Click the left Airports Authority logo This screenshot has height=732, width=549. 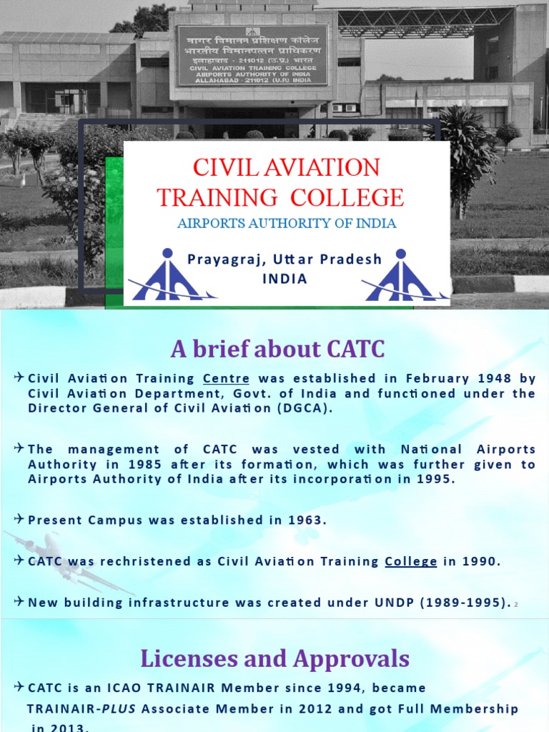[x=167, y=276]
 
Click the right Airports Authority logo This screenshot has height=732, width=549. [x=401, y=276]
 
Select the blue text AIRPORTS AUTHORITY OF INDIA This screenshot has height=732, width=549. [x=286, y=224]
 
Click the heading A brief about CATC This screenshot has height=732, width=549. [x=277, y=350]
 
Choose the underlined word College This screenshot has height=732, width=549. [x=411, y=561]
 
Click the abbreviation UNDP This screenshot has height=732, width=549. [x=395, y=602]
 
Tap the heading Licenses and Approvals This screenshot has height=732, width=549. [x=275, y=658]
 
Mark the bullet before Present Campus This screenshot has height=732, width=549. [x=19, y=519]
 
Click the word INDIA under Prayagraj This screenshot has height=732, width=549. [x=285, y=279]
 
